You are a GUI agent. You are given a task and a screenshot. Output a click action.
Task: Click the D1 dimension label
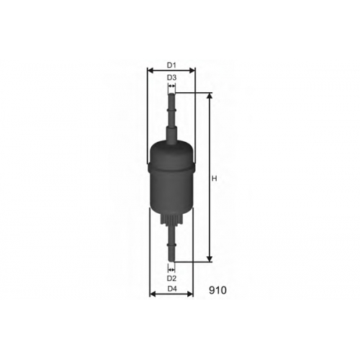tap(171, 65)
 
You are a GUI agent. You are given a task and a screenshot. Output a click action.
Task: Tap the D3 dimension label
tap(171, 78)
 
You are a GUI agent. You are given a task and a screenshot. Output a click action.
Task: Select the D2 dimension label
tap(171, 278)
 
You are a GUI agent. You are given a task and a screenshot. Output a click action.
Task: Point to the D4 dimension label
tap(172, 289)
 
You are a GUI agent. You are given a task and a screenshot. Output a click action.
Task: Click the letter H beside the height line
tap(215, 179)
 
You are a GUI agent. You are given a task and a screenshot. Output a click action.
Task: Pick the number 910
tap(217, 290)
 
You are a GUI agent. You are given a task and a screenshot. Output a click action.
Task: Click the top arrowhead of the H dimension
tap(210, 96)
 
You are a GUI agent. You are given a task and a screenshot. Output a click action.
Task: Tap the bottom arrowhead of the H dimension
tap(210, 258)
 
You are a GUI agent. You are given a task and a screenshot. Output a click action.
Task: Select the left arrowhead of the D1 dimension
tap(150, 71)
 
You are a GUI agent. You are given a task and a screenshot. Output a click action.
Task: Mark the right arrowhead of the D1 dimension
tap(192, 71)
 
